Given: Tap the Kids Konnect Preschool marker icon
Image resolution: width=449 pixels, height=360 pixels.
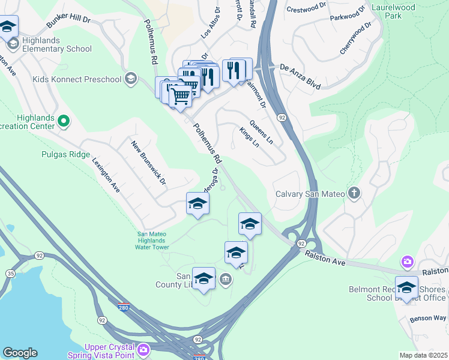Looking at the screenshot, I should coord(131,78).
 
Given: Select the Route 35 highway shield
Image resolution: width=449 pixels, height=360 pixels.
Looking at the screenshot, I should coord(10,274).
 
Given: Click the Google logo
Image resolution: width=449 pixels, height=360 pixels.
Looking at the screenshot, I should coord(20,353).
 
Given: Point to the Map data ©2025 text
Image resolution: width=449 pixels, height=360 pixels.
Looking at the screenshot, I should coord(423,355).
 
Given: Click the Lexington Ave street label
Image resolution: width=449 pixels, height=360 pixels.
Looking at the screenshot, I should coord(106,175).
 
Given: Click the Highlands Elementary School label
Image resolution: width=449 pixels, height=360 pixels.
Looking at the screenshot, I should coord(58,49).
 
